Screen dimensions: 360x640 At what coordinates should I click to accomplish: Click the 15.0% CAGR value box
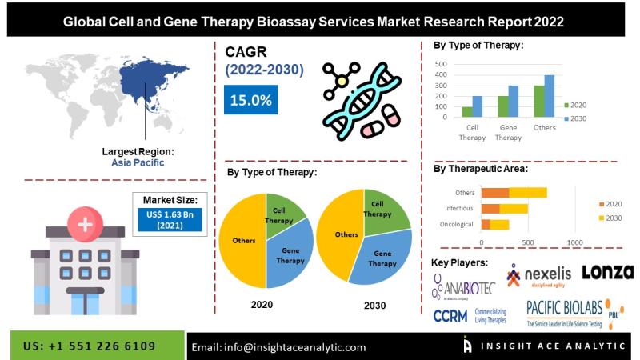coord(250,101)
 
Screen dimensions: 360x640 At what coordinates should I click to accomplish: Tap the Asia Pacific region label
coord(138,162)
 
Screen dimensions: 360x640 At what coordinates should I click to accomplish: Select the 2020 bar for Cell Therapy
coord(466,112)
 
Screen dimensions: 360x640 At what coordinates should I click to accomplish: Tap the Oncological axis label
coord(458,224)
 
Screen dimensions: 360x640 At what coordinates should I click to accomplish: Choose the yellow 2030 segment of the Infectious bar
coord(514,208)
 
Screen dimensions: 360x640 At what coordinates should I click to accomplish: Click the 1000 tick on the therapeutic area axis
coord(574,241)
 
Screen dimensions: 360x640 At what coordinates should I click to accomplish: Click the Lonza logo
coord(607,273)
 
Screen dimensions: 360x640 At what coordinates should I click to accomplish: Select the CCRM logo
coord(450,315)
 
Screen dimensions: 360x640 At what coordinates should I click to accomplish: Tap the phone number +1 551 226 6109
coord(90,346)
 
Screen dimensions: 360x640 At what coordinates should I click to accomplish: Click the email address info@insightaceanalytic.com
coord(278,347)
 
